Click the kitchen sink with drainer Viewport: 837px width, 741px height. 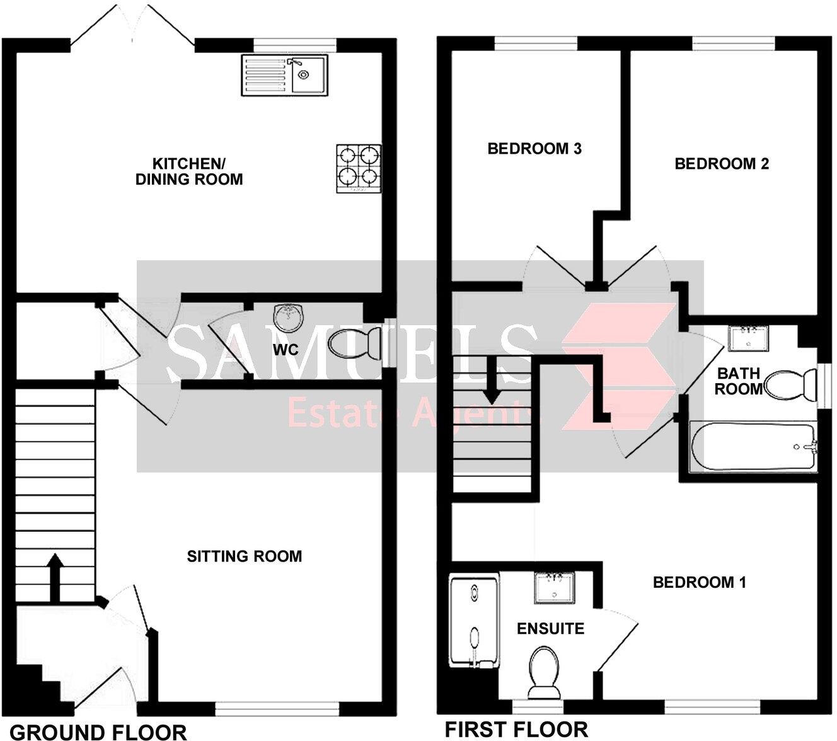pyautogui.click(x=285, y=75)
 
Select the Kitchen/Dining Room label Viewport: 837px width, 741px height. pyautogui.click(x=189, y=171)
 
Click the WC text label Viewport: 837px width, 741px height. pyautogui.click(x=286, y=349)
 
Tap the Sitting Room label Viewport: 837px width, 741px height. pyautogui.click(x=245, y=556)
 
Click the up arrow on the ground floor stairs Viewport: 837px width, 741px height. pyautogui.click(x=55, y=576)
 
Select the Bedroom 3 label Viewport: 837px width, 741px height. pyautogui.click(x=534, y=149)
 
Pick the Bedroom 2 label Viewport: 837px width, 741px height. pyautogui.click(x=722, y=164)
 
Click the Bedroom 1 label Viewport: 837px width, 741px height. pyautogui.click(x=699, y=582)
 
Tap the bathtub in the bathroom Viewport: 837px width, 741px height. pyautogui.click(x=753, y=447)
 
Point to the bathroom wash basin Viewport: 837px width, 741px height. pyautogui.click(x=748, y=338)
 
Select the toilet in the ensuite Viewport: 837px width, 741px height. pyautogui.click(x=543, y=674)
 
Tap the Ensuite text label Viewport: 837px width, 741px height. pyautogui.click(x=550, y=628)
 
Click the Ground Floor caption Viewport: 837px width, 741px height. pyautogui.click(x=99, y=732)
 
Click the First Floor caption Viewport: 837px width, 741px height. pyautogui.click(x=516, y=729)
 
